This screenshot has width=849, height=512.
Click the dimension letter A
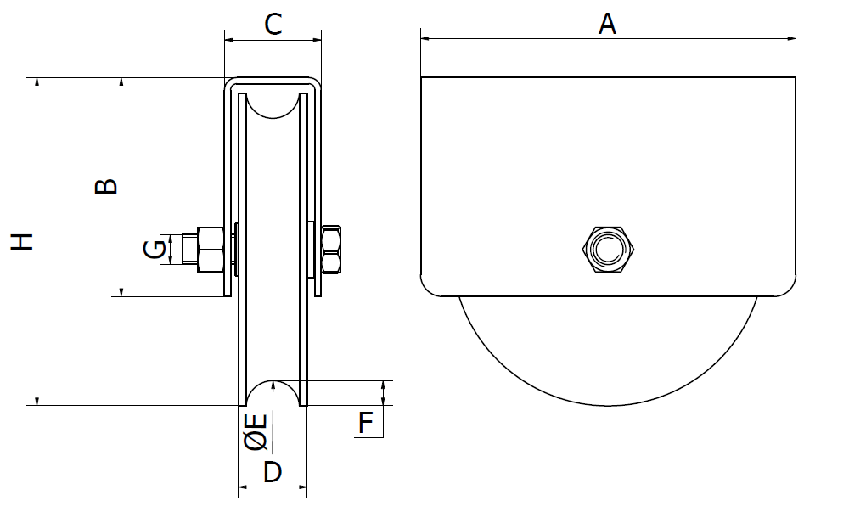tap(607, 24)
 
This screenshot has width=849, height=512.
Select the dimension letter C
tap(273, 24)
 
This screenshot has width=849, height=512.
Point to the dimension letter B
tap(105, 187)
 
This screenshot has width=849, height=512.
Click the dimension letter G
tap(155, 250)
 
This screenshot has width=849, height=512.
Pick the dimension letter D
tap(272, 472)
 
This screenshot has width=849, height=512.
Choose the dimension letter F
tap(365, 423)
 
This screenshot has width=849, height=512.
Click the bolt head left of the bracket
tap(211, 250)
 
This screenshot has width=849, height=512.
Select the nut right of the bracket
tap(332, 250)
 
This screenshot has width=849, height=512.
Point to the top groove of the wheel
tap(273, 105)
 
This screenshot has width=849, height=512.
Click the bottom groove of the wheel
tap(273, 392)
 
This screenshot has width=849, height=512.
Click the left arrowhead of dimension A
tap(425, 37)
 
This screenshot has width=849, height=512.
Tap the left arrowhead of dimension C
tap(228, 37)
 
